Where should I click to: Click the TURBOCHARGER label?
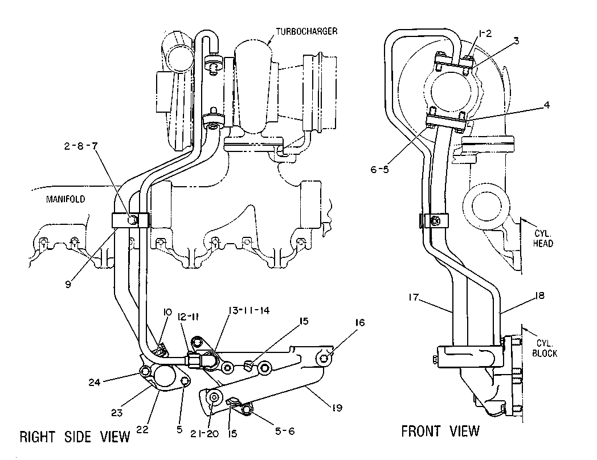(306, 31)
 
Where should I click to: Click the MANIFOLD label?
(66, 199)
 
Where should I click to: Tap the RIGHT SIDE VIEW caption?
(75, 437)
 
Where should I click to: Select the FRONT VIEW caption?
(440, 431)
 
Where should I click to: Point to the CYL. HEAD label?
(542, 238)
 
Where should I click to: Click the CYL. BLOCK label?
(545, 348)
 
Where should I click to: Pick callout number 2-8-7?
(81, 146)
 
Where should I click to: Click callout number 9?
(68, 284)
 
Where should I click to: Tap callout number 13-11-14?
(248, 310)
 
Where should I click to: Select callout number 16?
(360, 323)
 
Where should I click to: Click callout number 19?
(337, 408)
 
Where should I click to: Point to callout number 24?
(95, 382)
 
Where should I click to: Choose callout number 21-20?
(205, 433)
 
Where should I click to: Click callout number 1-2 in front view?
(485, 34)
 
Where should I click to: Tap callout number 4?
(546, 105)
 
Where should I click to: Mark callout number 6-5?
(380, 169)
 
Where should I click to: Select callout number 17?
(414, 297)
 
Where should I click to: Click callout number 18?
(540, 295)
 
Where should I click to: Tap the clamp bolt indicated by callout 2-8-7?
(132, 220)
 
